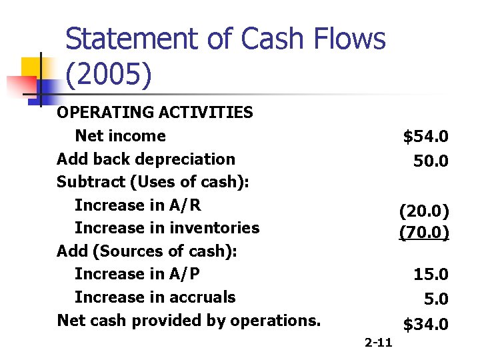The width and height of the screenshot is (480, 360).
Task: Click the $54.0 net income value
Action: pos(425,137)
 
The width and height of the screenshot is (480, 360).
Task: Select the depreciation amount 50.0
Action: pos(431,161)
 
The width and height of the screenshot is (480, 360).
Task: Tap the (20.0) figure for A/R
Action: pos(424,211)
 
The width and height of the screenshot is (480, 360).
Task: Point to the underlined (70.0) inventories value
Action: pos(424,233)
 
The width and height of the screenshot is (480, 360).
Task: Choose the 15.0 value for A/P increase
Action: pos(431,274)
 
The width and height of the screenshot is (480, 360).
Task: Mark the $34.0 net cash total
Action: pos(425,325)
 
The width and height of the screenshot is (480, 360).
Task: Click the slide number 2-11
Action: pos(379,343)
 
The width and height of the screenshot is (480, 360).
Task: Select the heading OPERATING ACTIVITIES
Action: pos(155,112)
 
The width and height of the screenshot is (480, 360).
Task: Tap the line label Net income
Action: pos(120,135)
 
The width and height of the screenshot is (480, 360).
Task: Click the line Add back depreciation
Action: pos(146,159)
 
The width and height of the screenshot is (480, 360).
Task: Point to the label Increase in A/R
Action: pos(137,205)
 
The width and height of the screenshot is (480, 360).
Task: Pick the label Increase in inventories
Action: pos(167,227)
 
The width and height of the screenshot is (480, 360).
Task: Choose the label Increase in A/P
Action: pos(137,273)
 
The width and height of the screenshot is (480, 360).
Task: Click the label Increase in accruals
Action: pos(155,297)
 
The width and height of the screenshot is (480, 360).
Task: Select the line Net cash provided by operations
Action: pos(189,320)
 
